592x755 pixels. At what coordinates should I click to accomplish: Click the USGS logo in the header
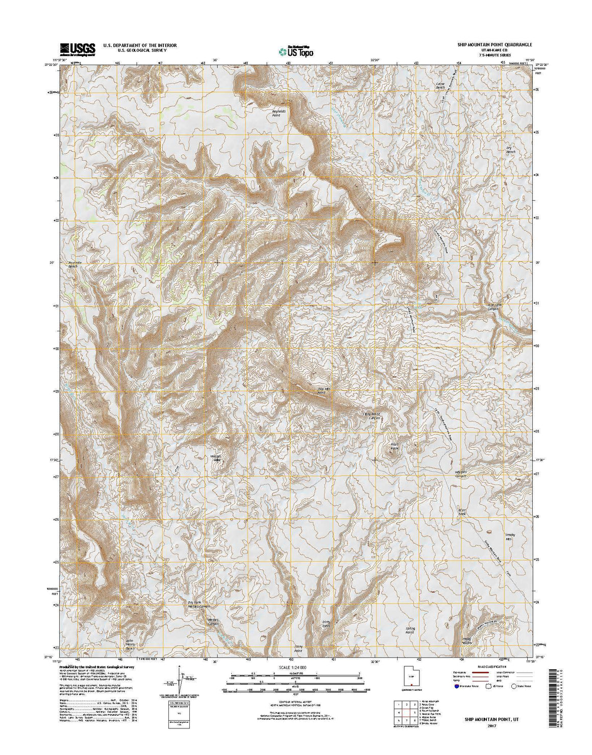tap(78, 49)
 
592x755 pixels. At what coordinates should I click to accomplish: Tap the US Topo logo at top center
tap(296, 50)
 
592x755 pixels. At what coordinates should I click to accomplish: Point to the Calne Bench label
tap(440, 86)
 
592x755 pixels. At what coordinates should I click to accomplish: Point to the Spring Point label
tap(410, 630)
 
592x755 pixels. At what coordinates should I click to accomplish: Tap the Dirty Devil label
tap(326, 624)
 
